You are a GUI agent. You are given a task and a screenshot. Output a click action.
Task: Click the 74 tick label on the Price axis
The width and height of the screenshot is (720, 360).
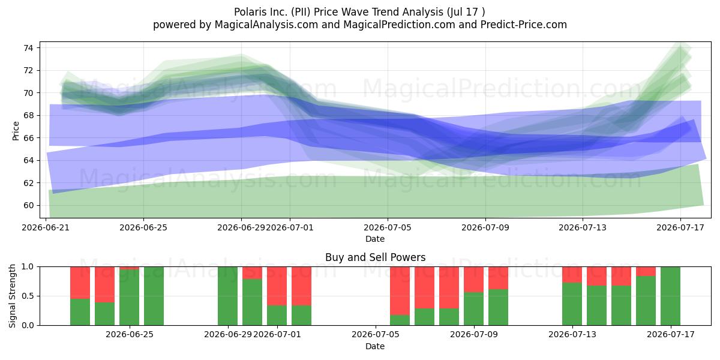pyautogui.click(x=28, y=48)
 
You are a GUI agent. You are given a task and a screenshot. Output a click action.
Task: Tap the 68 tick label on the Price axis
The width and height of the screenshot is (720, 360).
pyautogui.click(x=28, y=115)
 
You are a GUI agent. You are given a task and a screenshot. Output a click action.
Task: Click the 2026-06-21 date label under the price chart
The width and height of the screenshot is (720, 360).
pyautogui.click(x=46, y=227)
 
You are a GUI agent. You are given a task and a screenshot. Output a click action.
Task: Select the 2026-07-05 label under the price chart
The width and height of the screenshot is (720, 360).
pyautogui.click(x=388, y=227)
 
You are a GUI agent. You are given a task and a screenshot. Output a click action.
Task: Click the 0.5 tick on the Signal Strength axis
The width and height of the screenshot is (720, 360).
pyautogui.click(x=28, y=296)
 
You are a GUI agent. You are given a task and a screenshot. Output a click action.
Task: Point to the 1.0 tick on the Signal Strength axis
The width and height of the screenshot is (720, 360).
pyautogui.click(x=28, y=267)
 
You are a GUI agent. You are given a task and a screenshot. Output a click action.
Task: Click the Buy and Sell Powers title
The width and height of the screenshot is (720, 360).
pyautogui.click(x=375, y=257)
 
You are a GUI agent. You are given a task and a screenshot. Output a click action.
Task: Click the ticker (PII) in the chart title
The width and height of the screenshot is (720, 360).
pyautogui.click(x=301, y=12)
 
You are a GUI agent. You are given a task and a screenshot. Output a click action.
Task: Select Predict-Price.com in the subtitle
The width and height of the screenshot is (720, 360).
pyautogui.click(x=524, y=25)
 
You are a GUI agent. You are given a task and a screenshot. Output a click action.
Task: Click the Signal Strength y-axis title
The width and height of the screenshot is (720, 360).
pyautogui.click(x=12, y=296)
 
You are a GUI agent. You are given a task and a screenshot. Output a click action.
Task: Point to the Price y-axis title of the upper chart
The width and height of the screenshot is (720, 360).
pyautogui.click(x=16, y=131)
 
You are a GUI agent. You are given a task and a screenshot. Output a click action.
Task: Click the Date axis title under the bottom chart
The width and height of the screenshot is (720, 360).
pyautogui.click(x=375, y=346)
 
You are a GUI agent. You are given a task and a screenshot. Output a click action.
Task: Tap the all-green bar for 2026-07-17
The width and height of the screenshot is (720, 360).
pyautogui.click(x=671, y=296)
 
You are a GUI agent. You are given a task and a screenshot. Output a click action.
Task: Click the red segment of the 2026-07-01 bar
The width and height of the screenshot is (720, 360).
pyautogui.click(x=277, y=286)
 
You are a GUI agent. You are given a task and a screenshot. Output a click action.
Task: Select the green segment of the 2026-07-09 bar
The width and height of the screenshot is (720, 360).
pyautogui.click(x=474, y=308)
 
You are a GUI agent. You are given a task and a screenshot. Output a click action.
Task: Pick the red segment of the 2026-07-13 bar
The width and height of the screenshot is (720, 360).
pyautogui.click(x=572, y=275)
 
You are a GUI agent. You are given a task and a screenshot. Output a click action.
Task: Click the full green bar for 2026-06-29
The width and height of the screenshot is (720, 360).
pyautogui.click(x=227, y=296)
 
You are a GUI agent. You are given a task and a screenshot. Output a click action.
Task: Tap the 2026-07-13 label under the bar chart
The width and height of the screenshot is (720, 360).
pyautogui.click(x=572, y=335)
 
